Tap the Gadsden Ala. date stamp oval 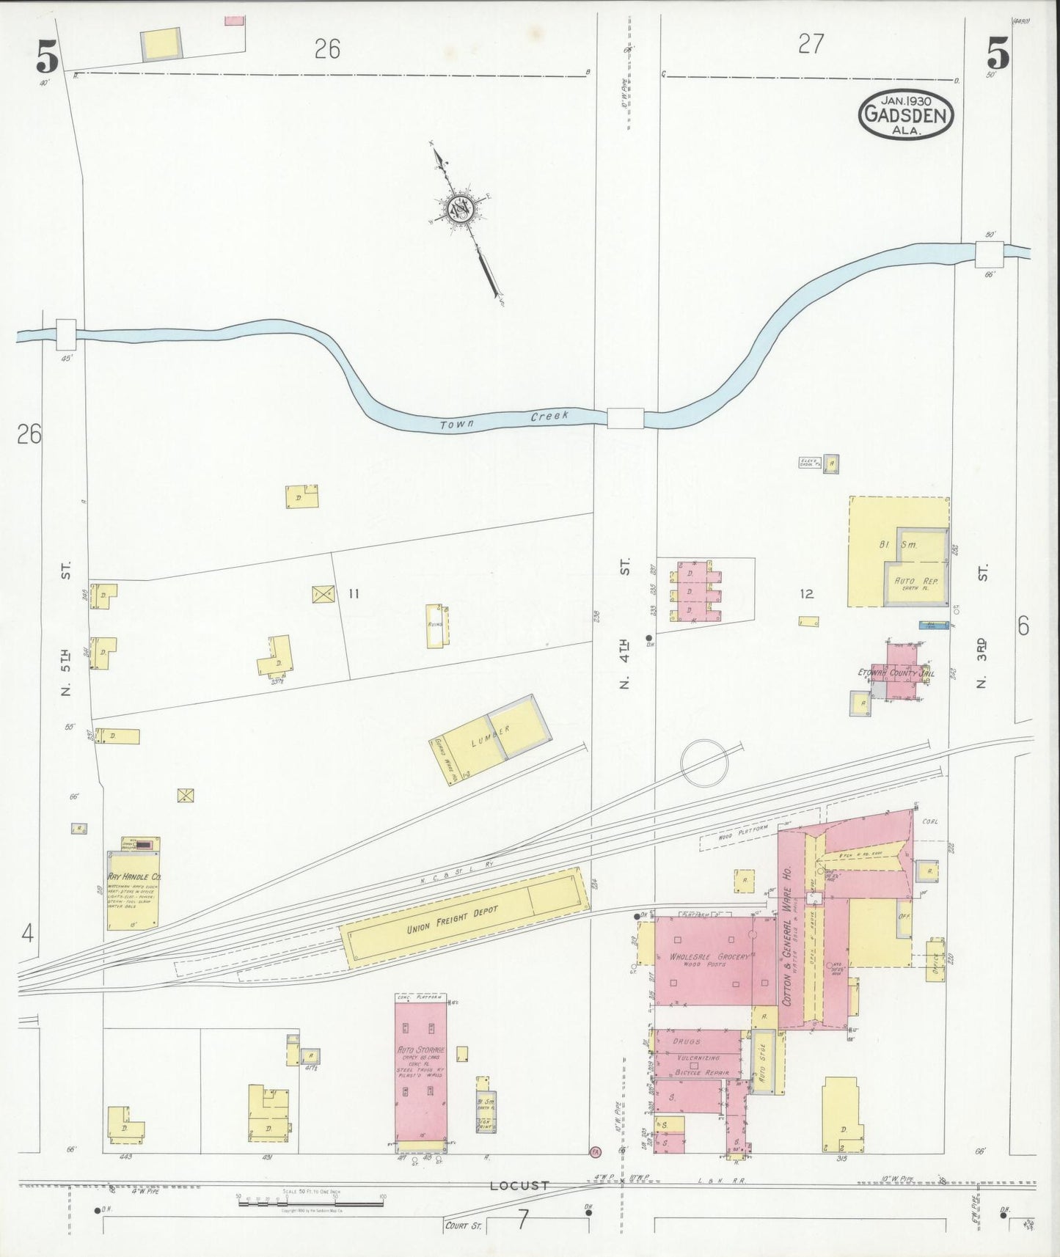point(906,114)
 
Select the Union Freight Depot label point(452,920)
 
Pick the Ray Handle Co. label point(134,876)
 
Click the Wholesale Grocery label point(708,956)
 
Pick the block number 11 point(354,593)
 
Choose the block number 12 point(807,593)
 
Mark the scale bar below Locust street point(310,1198)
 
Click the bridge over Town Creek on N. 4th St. point(625,418)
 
